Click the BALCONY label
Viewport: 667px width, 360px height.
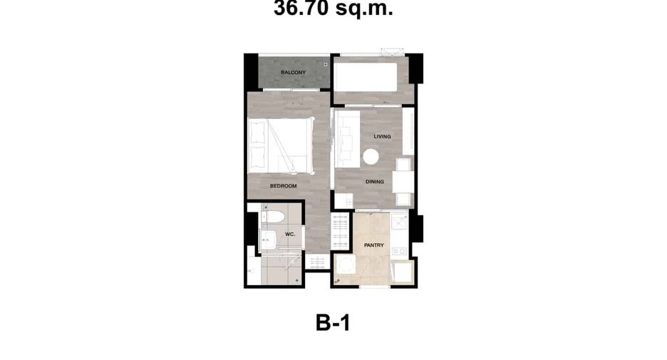(293, 72)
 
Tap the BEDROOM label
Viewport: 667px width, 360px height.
(284, 186)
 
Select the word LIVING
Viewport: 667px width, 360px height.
(383, 137)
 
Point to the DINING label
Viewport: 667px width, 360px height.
(375, 182)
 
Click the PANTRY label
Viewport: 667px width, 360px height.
(374, 245)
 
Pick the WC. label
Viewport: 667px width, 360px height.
(290, 235)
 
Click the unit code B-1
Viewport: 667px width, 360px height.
(333, 322)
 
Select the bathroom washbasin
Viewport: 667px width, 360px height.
(267, 240)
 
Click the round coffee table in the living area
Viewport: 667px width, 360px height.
(371, 157)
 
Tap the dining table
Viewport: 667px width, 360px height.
(403, 182)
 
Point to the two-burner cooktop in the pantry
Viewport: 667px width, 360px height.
(400, 252)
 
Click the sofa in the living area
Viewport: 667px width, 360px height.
(347, 139)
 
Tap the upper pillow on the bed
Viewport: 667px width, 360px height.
(257, 133)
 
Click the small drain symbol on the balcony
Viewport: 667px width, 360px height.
(326, 64)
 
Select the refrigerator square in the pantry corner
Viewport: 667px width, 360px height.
(402, 271)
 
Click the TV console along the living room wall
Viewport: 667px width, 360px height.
(408, 131)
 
